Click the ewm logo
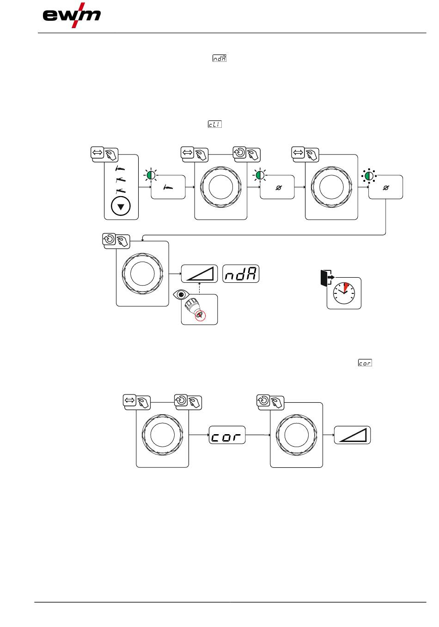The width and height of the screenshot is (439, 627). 72,16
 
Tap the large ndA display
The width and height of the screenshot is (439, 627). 241,274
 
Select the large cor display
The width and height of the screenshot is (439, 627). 227,435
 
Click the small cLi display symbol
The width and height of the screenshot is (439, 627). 214,124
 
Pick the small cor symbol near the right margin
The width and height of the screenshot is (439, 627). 365,363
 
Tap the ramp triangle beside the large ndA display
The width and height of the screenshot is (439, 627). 199,274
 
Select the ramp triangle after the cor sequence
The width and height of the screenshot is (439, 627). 353,435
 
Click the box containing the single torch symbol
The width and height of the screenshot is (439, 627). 168,187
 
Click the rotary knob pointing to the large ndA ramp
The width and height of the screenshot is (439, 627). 142,274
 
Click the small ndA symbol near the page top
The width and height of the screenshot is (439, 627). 219,59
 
